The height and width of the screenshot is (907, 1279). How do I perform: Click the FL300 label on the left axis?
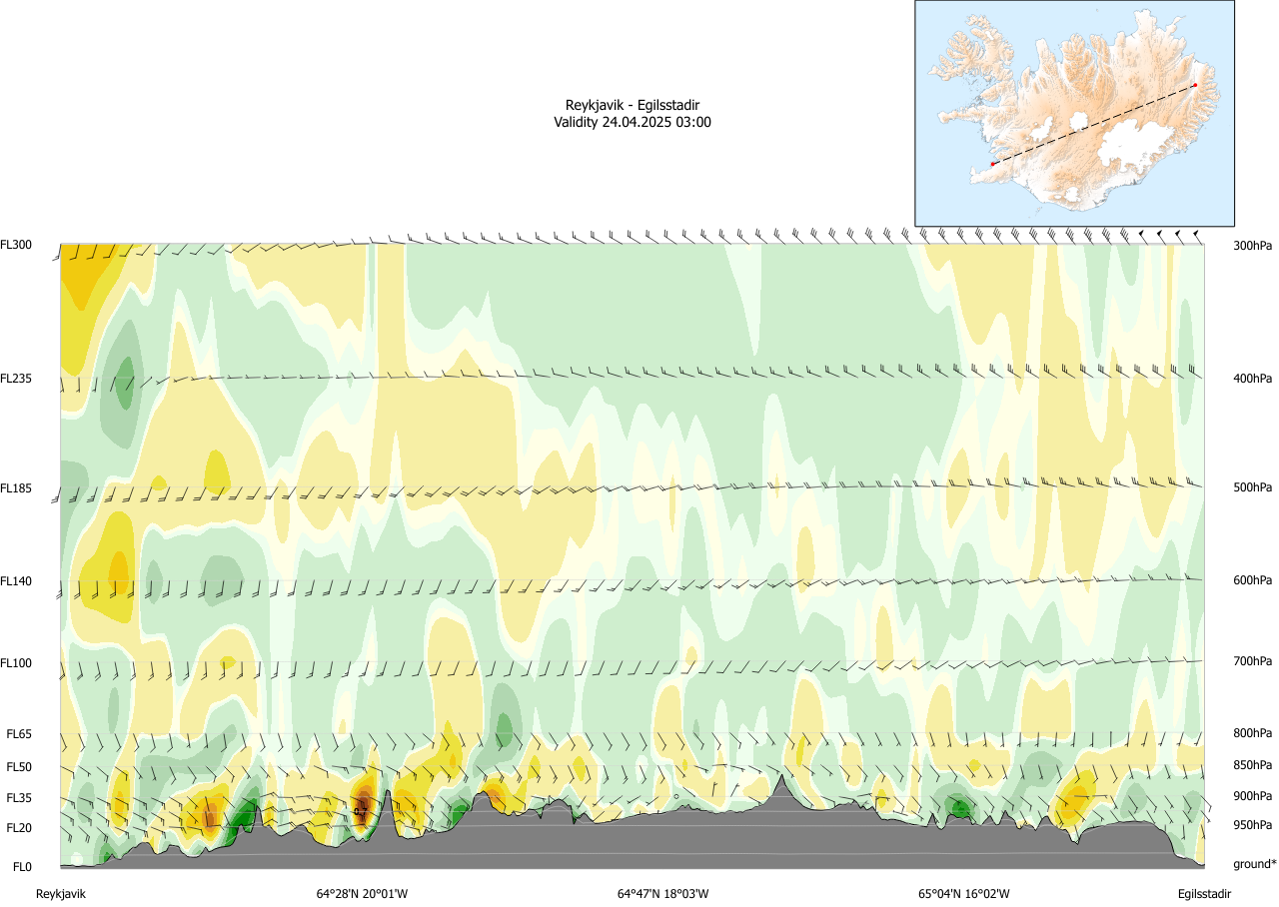pos(17,245)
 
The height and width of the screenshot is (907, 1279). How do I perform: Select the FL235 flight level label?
pos(17,379)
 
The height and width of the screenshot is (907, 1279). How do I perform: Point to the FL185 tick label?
pos(17,488)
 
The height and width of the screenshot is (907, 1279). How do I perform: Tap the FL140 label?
pos(17,580)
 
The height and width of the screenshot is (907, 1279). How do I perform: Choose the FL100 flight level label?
pos(17,662)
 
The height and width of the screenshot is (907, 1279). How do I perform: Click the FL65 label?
pos(20,734)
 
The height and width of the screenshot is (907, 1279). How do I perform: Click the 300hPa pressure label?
pos(1253,245)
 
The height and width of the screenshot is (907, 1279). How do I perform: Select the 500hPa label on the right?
pos(1253,488)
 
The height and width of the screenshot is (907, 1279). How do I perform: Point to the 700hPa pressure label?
pos(1253,662)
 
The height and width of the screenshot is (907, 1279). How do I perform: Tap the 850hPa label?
pos(1253,766)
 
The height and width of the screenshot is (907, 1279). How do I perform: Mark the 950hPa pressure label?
pos(1253,826)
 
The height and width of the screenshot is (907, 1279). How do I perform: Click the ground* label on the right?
pos(1254,864)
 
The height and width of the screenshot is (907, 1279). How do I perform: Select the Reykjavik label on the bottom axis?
pos(61,894)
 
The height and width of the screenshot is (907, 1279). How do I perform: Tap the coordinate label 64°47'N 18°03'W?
pos(662,894)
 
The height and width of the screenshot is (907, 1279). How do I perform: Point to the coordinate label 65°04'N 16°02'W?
pos(964,894)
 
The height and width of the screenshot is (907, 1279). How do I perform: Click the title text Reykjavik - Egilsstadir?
pos(632,105)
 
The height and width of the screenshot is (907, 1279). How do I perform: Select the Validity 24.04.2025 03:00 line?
pos(632,122)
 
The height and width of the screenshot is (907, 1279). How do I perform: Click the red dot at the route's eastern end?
pos(1195,86)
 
